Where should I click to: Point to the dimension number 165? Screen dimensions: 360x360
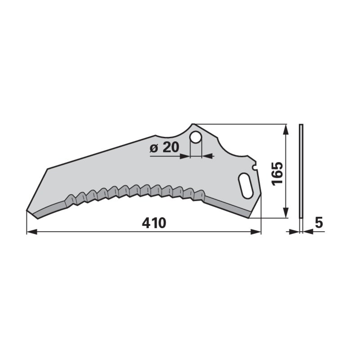(x=276, y=173)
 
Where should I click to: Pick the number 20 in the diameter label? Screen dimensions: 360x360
(x=171, y=147)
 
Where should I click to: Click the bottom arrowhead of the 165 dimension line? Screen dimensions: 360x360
(x=285, y=214)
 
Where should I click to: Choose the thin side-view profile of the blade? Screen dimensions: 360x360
(x=301, y=171)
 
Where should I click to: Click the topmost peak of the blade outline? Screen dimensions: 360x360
(x=193, y=124)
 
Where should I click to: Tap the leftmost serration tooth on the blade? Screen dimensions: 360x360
(x=71, y=198)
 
